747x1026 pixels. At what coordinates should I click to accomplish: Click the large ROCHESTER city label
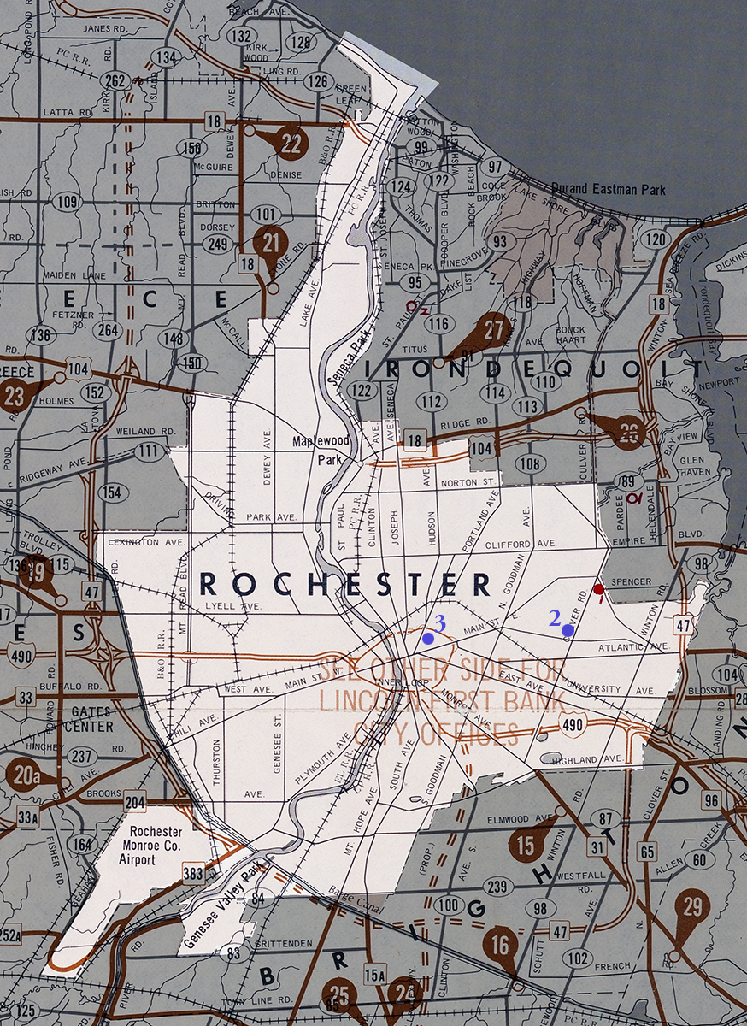[x=344, y=584]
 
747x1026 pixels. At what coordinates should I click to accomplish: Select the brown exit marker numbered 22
[x=291, y=143]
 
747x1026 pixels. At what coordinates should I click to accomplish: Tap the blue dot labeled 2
[x=568, y=630]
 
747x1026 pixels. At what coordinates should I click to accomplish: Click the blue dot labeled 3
[x=427, y=638]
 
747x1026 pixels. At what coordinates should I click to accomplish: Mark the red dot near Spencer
[x=599, y=589]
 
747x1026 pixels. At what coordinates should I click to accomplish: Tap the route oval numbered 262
[x=115, y=80]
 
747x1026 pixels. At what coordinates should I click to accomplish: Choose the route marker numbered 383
[x=192, y=873]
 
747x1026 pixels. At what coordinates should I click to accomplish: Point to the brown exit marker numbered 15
[x=526, y=846]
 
